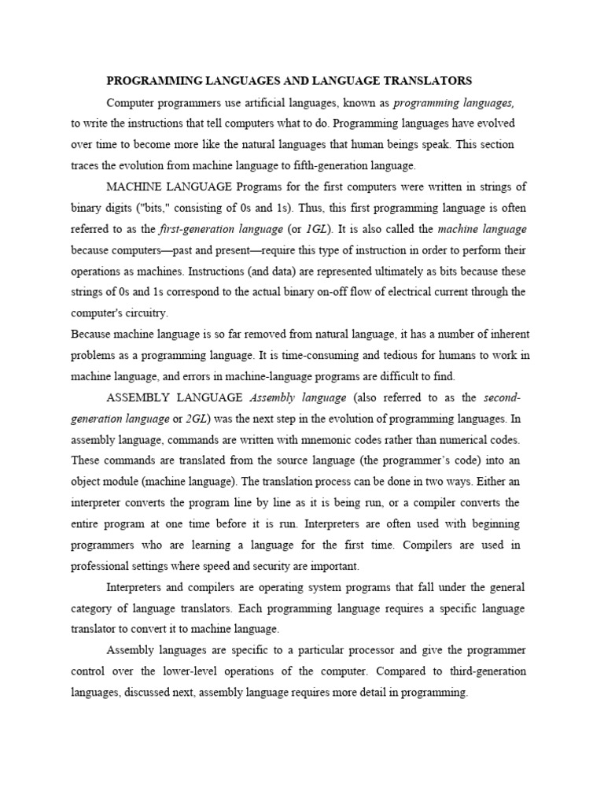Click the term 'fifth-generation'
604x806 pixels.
(x=322, y=166)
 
